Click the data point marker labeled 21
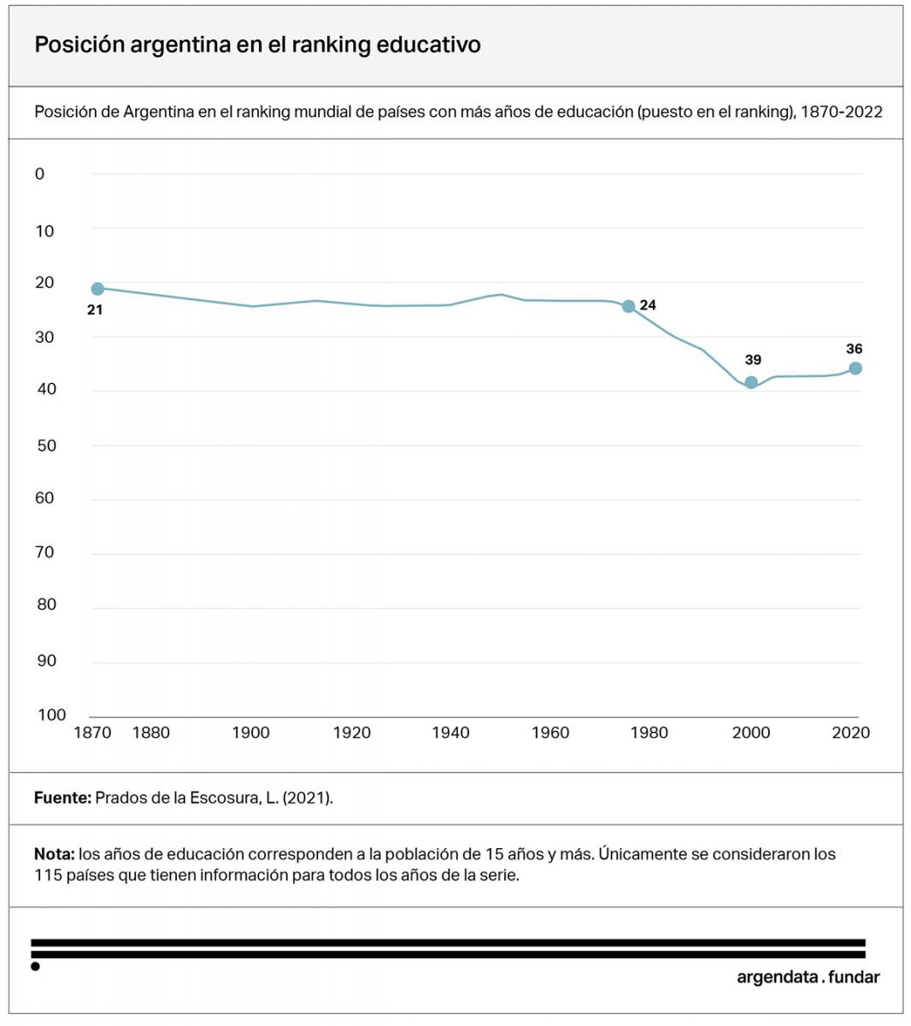point(97,289)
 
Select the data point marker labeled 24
point(629,306)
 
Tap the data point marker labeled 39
point(751,382)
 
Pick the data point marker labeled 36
point(855,369)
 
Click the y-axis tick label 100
point(51,715)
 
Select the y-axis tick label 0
point(39,174)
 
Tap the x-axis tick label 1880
point(150,733)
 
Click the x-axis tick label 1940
point(450,733)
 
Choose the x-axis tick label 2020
point(850,733)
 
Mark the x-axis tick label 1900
point(250,733)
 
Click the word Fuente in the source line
point(62,798)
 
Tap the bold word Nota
point(54,854)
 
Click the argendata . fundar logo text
point(808,977)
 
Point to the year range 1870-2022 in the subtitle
point(841,112)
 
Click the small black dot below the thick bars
point(35,967)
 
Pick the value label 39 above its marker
point(752,360)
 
